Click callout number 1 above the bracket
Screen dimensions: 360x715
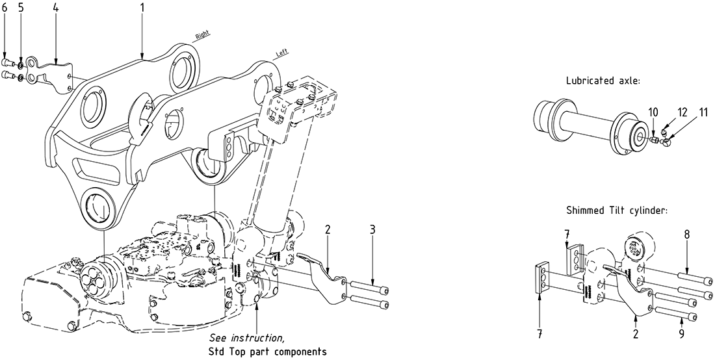point(142,8)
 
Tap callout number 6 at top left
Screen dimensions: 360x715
point(5,8)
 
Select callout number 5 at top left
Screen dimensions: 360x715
point(21,8)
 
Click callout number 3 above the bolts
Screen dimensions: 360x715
point(372,229)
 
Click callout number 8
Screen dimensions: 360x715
point(686,233)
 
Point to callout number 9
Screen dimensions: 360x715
point(681,335)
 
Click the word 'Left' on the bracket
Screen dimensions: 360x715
point(282,54)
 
